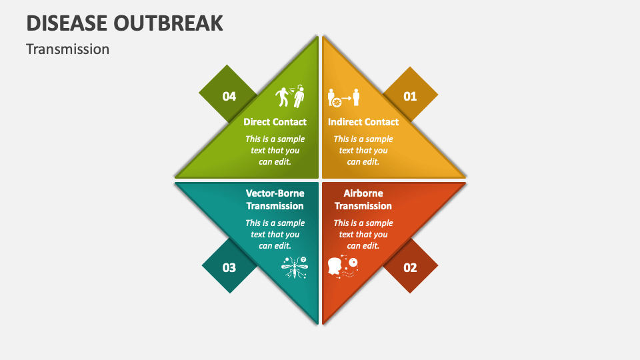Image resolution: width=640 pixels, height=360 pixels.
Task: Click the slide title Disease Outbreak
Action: click(x=125, y=23)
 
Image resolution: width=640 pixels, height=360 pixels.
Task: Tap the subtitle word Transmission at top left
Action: click(x=67, y=49)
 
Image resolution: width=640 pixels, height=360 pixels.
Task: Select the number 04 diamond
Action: click(x=229, y=96)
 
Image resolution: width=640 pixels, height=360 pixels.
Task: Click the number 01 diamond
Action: click(x=410, y=96)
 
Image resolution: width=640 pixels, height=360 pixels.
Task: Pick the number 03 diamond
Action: click(x=229, y=267)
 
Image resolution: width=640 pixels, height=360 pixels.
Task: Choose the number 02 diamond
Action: click(x=410, y=267)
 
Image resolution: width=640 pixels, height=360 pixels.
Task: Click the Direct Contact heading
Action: click(x=275, y=122)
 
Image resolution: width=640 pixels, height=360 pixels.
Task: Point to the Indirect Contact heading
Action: click(x=363, y=122)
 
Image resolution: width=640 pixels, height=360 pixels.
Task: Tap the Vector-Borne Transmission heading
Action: click(x=275, y=199)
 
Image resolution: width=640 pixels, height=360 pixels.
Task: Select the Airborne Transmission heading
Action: click(x=363, y=199)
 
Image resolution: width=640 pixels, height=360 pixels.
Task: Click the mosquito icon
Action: click(x=294, y=267)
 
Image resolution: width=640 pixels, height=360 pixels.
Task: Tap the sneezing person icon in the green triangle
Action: click(x=291, y=97)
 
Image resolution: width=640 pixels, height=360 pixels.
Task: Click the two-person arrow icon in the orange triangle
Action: click(x=344, y=98)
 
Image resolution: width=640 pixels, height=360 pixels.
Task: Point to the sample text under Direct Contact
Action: click(x=275, y=150)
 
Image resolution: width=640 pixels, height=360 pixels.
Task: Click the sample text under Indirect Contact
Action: click(x=363, y=150)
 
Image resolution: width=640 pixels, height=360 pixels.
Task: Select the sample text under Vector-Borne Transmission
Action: click(x=275, y=234)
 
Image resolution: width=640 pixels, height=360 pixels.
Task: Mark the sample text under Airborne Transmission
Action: click(x=363, y=234)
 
